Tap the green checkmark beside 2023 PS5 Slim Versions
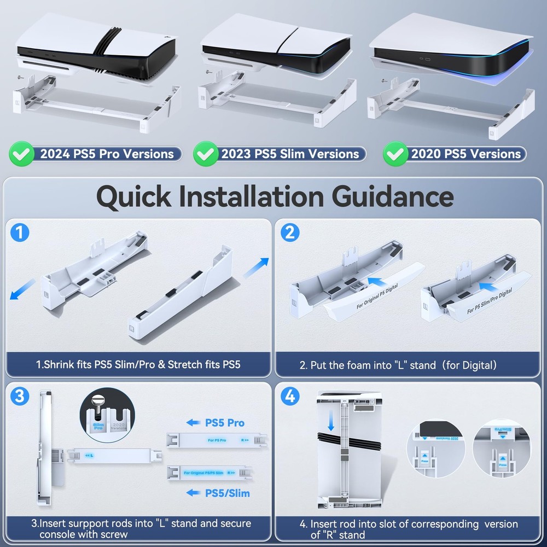pyautogui.click(x=205, y=154)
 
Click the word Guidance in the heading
pyautogui.click(x=379, y=196)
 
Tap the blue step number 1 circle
pyautogui.click(x=20, y=234)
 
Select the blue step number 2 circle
pyautogui.click(x=290, y=234)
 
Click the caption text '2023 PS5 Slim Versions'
pyautogui.click(x=290, y=154)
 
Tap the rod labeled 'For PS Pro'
pyautogui.click(x=217, y=439)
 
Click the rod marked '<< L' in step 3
pyautogui.click(x=112, y=454)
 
